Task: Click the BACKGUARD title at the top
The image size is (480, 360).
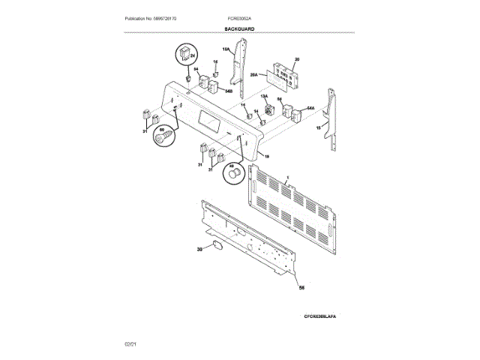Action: (239, 28)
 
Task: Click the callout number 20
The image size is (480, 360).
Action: (296, 59)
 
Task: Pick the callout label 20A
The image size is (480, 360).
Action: (253, 76)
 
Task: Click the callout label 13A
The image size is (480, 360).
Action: (264, 97)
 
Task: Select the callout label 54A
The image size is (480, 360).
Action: (310, 109)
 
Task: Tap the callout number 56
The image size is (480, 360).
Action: (301, 288)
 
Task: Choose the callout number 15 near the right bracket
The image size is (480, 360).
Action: (318, 128)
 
